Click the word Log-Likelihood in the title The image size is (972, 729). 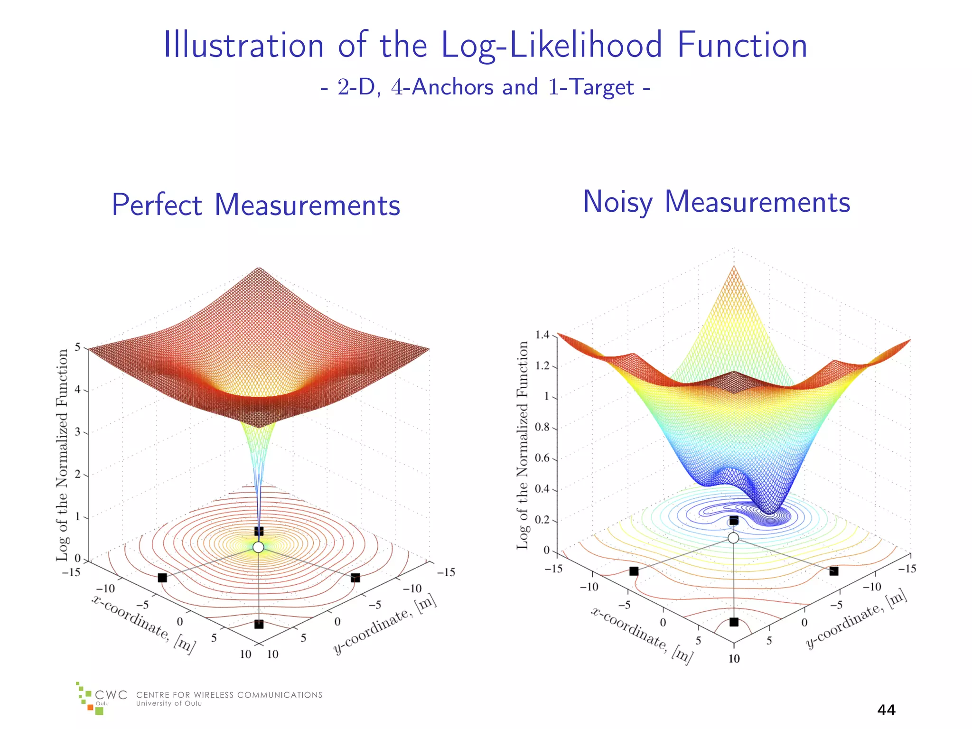point(551,45)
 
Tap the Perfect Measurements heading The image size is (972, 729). point(256,205)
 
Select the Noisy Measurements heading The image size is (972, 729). point(716,202)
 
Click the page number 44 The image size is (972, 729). point(886,710)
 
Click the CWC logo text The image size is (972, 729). point(111,695)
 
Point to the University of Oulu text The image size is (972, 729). point(169,703)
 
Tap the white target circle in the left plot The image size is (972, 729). point(258,547)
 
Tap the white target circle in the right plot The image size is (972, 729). point(733,538)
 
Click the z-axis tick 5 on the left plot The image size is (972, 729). point(78,348)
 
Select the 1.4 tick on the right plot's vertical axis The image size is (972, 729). point(542,335)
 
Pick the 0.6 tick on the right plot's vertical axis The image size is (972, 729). point(542,458)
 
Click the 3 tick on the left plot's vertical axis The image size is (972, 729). point(78,432)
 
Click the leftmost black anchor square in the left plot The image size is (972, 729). point(162,578)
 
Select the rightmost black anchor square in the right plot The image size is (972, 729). point(834,571)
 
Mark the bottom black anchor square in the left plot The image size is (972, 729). point(259,624)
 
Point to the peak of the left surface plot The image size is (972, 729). point(259,269)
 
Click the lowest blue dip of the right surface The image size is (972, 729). point(770,513)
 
